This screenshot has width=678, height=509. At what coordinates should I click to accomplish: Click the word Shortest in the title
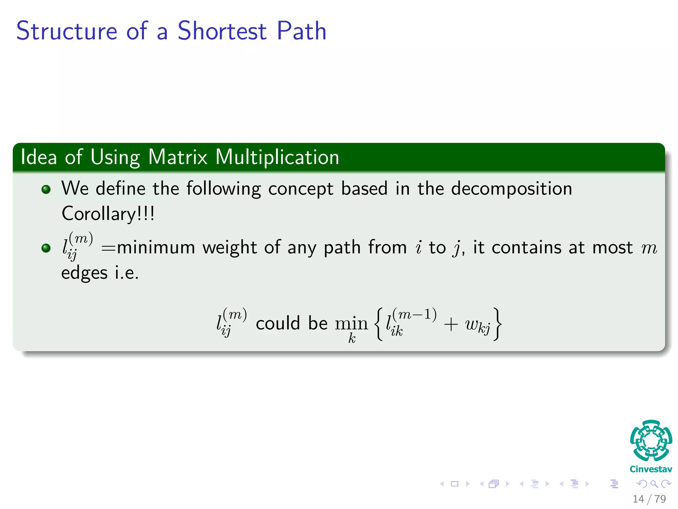(x=222, y=31)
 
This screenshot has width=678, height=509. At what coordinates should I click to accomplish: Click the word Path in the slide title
(x=301, y=31)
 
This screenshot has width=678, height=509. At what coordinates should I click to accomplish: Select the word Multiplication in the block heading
(x=277, y=157)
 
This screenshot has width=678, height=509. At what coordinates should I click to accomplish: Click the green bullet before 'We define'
(x=46, y=189)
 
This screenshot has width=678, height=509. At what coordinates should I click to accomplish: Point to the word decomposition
(x=511, y=189)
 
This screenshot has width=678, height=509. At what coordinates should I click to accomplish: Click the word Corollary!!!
(x=108, y=214)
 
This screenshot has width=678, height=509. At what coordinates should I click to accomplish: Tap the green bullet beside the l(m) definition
(x=46, y=248)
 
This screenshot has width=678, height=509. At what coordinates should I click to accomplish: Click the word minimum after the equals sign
(x=156, y=248)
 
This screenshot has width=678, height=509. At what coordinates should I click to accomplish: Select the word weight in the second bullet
(x=229, y=248)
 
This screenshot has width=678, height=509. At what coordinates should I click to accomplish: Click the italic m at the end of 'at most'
(x=649, y=248)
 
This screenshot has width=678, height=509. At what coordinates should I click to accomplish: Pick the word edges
(x=84, y=273)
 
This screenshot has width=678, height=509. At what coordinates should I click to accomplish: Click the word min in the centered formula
(x=351, y=323)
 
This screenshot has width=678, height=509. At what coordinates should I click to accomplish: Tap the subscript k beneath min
(x=352, y=338)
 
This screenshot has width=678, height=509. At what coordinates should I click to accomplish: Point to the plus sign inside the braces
(x=451, y=324)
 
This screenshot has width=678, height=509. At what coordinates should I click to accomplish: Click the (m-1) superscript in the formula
(x=414, y=314)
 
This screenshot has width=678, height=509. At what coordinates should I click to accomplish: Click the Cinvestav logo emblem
(x=651, y=441)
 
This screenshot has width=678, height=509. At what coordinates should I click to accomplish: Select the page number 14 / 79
(x=649, y=499)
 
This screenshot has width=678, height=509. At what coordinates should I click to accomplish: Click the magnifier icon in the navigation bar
(x=654, y=484)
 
